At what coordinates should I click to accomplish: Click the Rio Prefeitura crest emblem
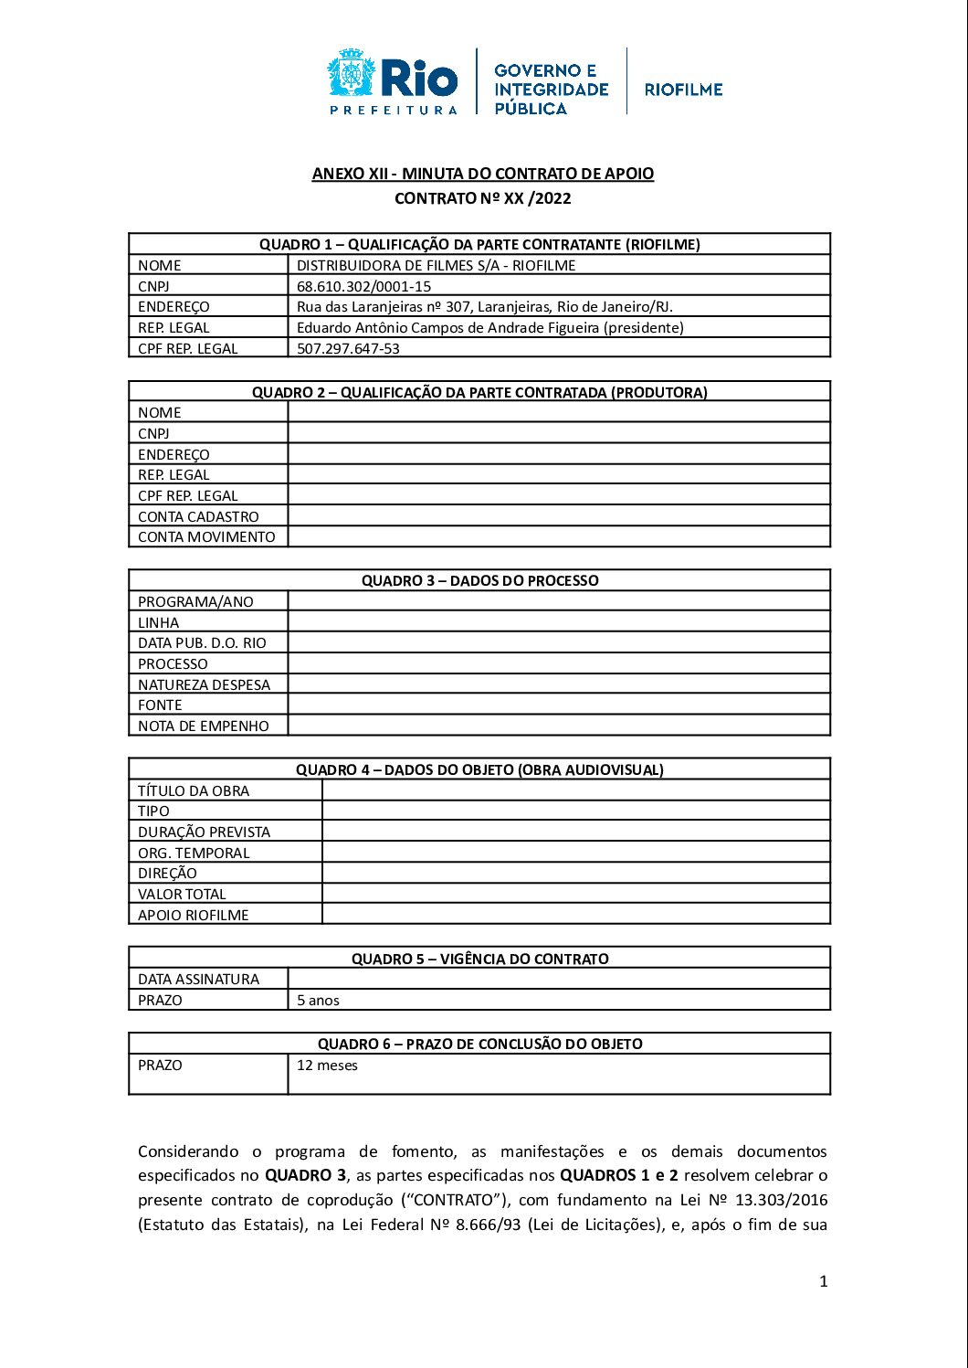[x=351, y=74]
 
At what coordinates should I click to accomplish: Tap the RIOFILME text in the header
[x=683, y=90]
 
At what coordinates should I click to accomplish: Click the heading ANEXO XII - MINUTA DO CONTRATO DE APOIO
[x=482, y=174]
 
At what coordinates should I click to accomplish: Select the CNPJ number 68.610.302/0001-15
[x=363, y=286]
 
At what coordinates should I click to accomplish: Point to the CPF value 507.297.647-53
[x=348, y=348]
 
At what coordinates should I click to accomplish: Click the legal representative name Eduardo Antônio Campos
[x=489, y=327]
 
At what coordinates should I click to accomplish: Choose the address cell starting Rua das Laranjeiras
[x=484, y=307]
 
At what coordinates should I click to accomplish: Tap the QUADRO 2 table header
[x=479, y=392]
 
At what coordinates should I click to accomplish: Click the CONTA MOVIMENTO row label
[x=206, y=537]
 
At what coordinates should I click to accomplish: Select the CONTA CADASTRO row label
[x=198, y=516]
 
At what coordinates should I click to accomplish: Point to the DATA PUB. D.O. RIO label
[x=202, y=642]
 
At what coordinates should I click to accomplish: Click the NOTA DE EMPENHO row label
[x=204, y=726]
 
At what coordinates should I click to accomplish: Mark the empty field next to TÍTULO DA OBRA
[x=575, y=790]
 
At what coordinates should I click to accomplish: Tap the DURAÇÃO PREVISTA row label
[x=204, y=832]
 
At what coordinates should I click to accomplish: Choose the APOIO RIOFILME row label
[x=193, y=915]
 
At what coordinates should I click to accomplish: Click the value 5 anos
[x=318, y=1001]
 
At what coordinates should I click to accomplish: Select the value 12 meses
[x=327, y=1066]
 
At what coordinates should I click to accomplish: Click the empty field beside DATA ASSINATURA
[x=558, y=979]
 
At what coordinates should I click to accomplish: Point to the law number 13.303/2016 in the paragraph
[x=782, y=1200]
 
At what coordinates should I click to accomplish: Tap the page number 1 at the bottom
[x=823, y=1281]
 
